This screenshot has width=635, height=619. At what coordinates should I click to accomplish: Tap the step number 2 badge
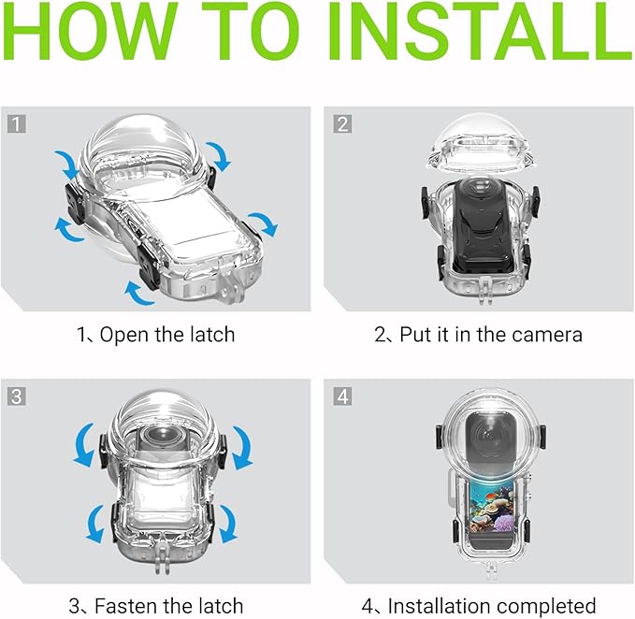[343, 122]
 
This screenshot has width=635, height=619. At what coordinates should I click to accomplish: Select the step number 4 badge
[343, 396]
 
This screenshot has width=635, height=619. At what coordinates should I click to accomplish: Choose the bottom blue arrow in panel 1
[139, 295]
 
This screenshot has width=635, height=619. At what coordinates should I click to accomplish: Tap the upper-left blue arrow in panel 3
[85, 443]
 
